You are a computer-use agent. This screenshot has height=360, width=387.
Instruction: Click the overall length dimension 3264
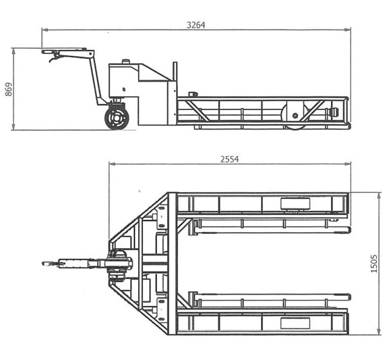pos(196,24)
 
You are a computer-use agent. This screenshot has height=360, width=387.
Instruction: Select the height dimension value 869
pos(8,88)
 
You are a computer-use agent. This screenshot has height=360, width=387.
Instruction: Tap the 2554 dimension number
pos(229,159)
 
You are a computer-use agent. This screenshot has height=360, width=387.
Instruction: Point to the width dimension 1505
pos(374,264)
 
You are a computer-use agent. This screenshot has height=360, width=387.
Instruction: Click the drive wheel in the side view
pos(117,119)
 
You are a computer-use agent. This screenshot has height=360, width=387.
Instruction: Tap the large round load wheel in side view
pos(295,114)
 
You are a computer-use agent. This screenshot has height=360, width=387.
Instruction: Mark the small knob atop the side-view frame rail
pos(193,95)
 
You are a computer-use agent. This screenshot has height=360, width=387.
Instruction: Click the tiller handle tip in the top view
pos(46,264)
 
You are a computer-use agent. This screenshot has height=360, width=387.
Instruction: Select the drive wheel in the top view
pos(119,264)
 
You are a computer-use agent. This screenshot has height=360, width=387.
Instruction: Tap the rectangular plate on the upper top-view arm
pos(293,204)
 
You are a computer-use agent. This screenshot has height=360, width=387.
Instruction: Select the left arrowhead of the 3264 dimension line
pos(44,29)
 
